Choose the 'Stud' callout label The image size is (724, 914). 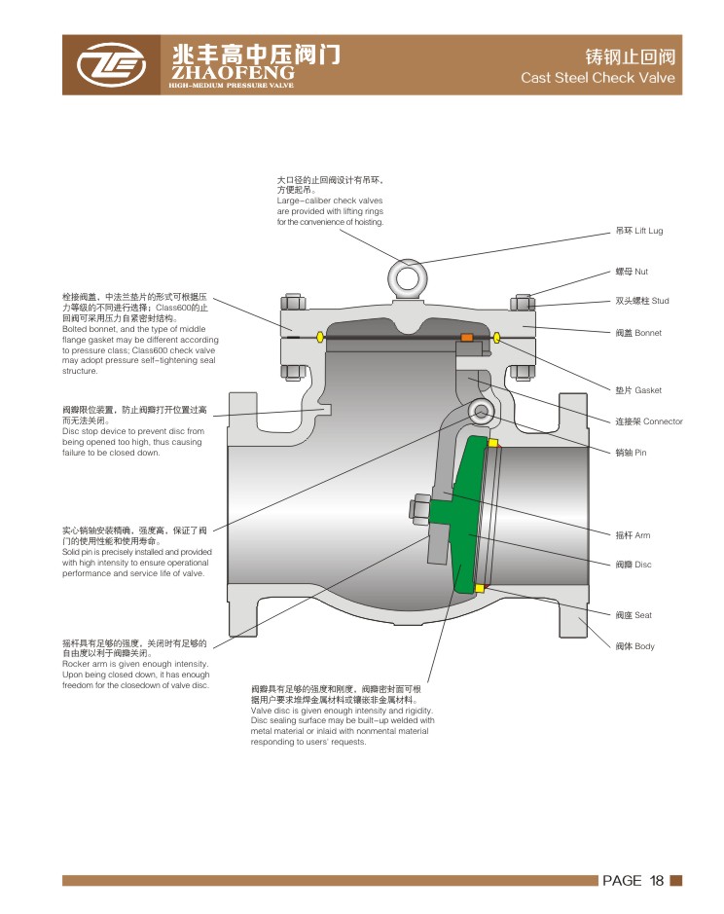click(x=642, y=301)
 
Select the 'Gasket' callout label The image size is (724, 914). click(x=638, y=390)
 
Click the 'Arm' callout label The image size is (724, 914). click(x=633, y=535)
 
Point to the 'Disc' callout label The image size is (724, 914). click(x=633, y=565)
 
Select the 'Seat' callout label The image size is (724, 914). click(x=633, y=615)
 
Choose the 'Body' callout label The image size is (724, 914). click(x=634, y=646)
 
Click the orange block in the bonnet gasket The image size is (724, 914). click(x=467, y=338)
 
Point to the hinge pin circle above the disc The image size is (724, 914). click(x=481, y=413)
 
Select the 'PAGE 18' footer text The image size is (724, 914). click(x=633, y=880)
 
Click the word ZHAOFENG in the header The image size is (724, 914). click(x=232, y=73)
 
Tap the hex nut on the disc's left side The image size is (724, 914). click(x=419, y=507)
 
